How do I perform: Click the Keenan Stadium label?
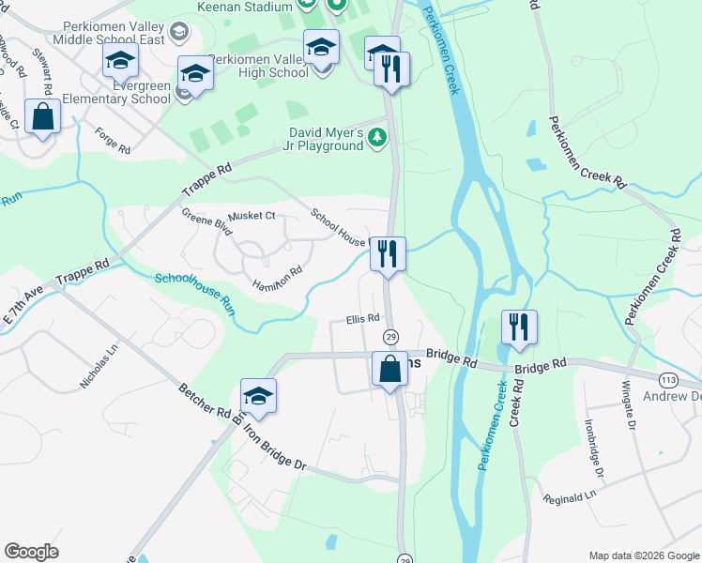pos(246,7)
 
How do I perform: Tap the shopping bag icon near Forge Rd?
pos(43,118)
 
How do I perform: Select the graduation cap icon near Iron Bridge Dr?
pos(258,397)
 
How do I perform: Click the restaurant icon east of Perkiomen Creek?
pos(519,328)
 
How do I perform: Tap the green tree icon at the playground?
pos(377,139)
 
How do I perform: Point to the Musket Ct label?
pos(252,216)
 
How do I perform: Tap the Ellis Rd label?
pos(361,318)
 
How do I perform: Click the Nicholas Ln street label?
pos(99,367)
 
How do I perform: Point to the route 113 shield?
pos(668,380)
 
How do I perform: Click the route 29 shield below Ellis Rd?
pos(390,337)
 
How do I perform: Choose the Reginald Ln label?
pos(570,496)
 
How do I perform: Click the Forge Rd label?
pos(112,140)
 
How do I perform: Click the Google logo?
pos(32,552)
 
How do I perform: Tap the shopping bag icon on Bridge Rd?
pos(390,370)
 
